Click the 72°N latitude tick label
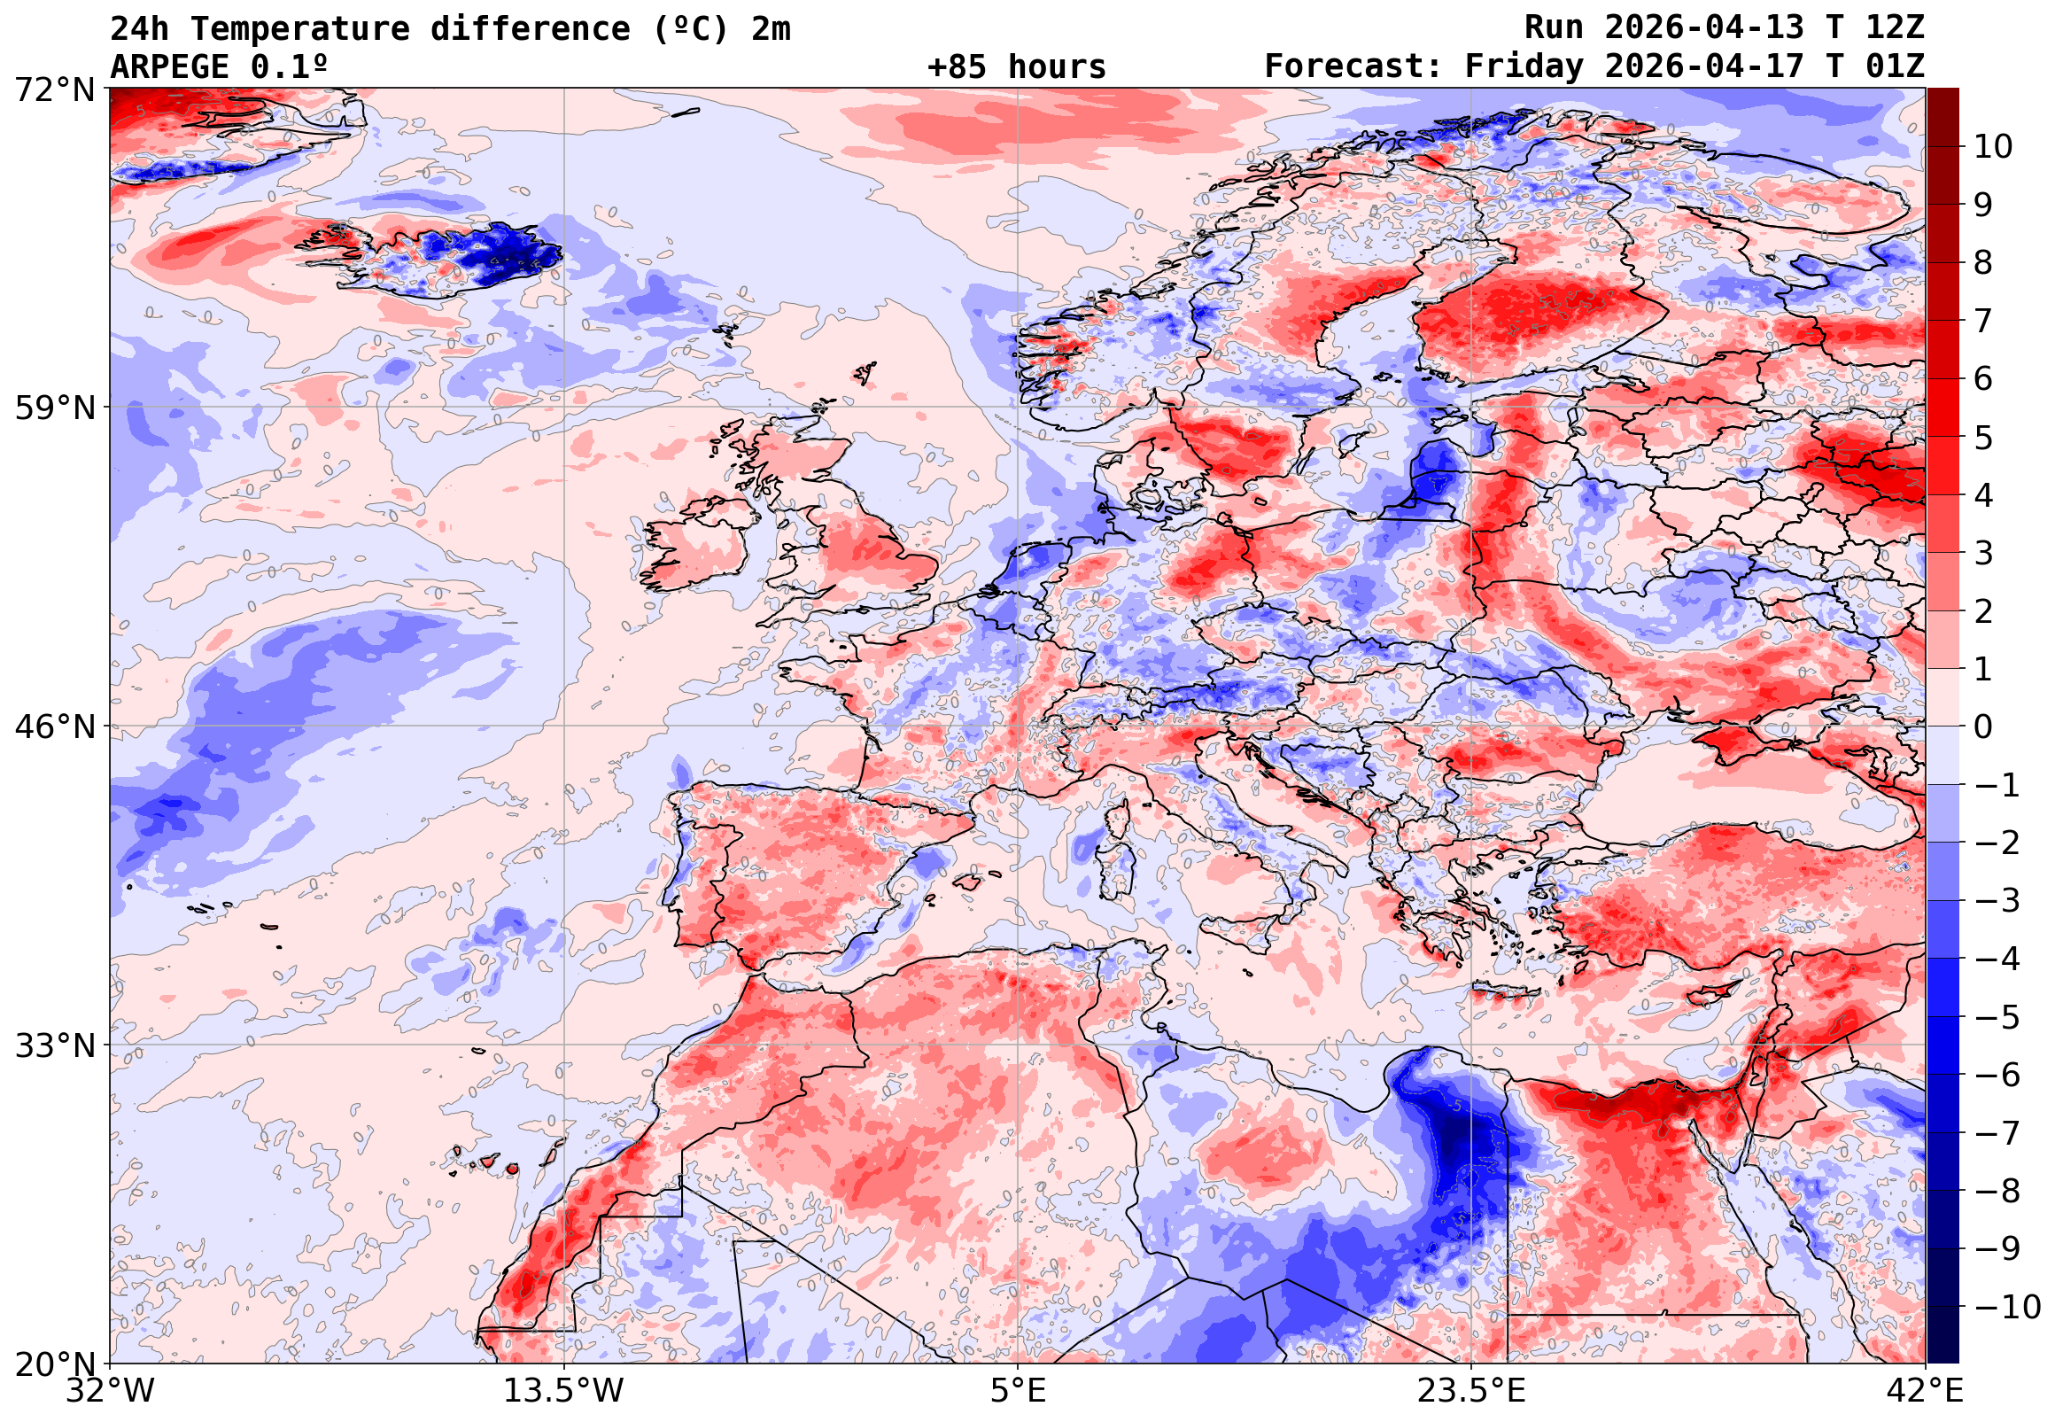[54, 89]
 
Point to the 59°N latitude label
[54, 408]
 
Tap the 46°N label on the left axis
[54, 727]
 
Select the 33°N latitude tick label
[54, 1045]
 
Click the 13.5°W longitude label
[564, 1390]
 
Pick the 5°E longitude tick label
[1017, 1390]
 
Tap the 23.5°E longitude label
[1470, 1390]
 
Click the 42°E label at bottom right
[1924, 1390]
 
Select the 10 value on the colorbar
[1994, 147]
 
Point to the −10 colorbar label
[2008, 1307]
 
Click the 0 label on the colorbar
[1984, 727]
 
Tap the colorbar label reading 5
[1984, 438]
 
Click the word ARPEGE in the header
[168, 66]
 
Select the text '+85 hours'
[1016, 66]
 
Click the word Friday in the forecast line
[1524, 66]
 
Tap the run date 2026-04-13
[1704, 28]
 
